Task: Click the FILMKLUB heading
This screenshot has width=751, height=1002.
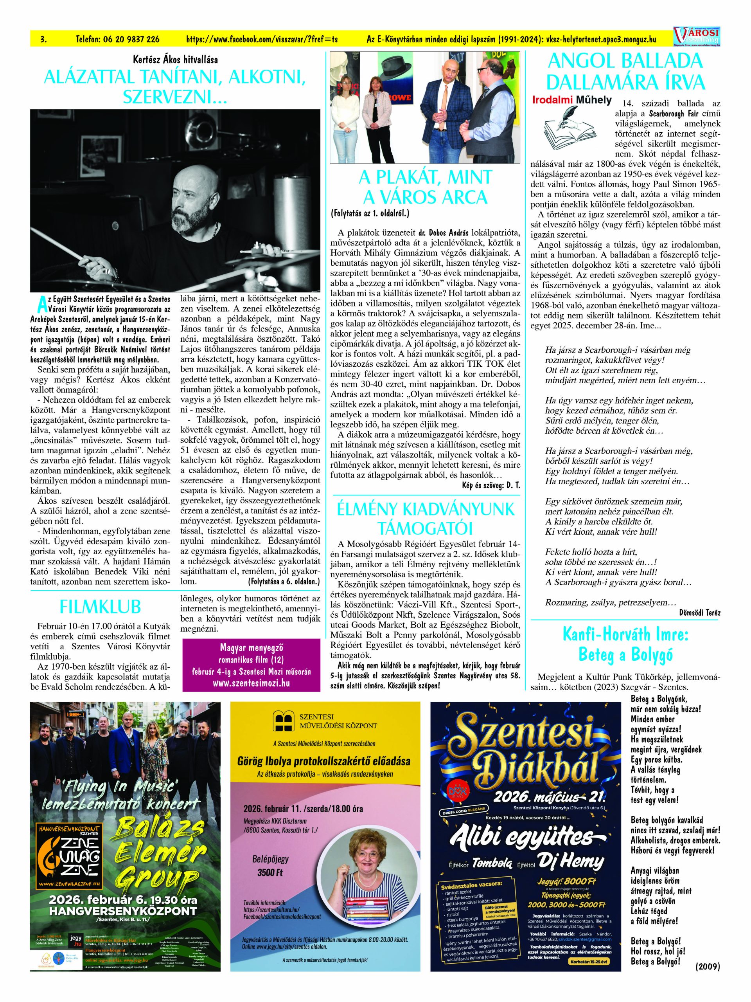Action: click(x=100, y=607)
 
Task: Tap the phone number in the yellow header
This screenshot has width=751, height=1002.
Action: click(x=117, y=40)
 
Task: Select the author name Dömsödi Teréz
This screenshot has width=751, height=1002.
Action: click(x=699, y=613)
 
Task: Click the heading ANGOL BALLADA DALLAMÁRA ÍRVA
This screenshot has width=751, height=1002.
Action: click(x=625, y=71)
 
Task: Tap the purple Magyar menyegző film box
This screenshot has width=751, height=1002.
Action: click(x=251, y=665)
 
